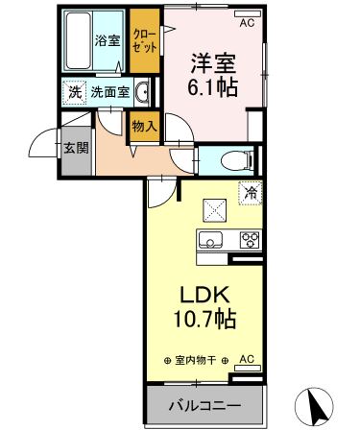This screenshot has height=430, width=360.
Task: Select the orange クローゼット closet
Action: pyautogui.click(x=145, y=42)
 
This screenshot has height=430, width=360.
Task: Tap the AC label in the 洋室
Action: pyautogui.click(x=247, y=21)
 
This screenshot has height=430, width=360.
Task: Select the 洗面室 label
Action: pyautogui.click(x=108, y=93)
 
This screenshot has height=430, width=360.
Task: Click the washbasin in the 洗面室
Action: pyautogui.click(x=142, y=93)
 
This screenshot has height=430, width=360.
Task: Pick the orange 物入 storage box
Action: pyautogui.click(x=144, y=127)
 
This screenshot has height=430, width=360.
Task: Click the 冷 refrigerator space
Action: pyautogui.click(x=247, y=191)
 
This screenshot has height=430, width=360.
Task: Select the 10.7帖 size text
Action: pyautogui.click(x=204, y=318)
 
